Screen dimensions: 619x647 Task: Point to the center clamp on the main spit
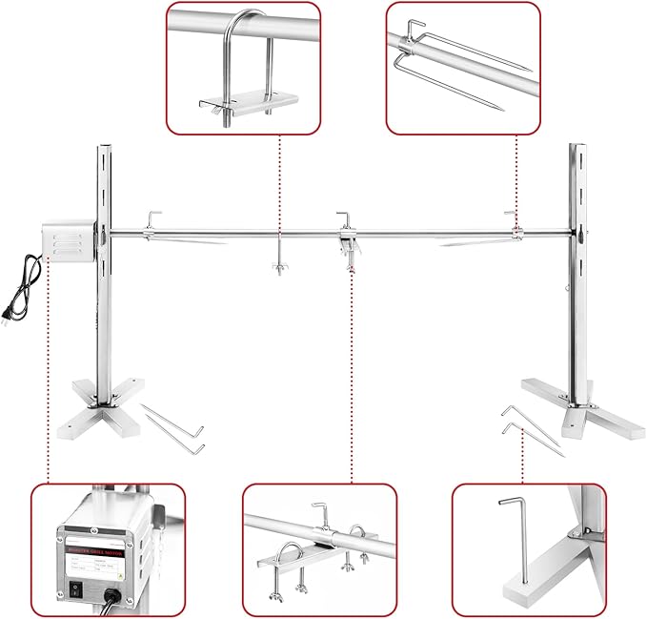[347, 238]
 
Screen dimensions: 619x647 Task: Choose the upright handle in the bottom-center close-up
[320, 515]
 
